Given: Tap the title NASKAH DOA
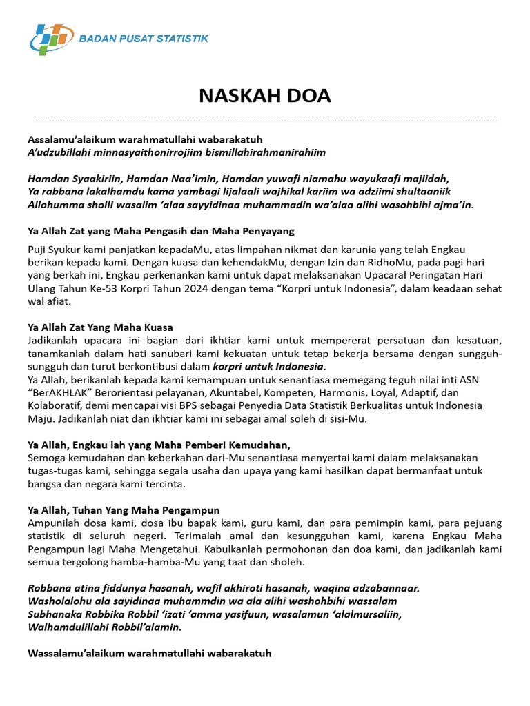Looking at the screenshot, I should [265, 96].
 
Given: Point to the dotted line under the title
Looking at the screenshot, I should [265, 121].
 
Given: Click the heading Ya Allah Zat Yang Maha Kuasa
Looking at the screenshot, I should [100, 327].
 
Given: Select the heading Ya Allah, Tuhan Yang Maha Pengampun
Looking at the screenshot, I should [124, 510].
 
